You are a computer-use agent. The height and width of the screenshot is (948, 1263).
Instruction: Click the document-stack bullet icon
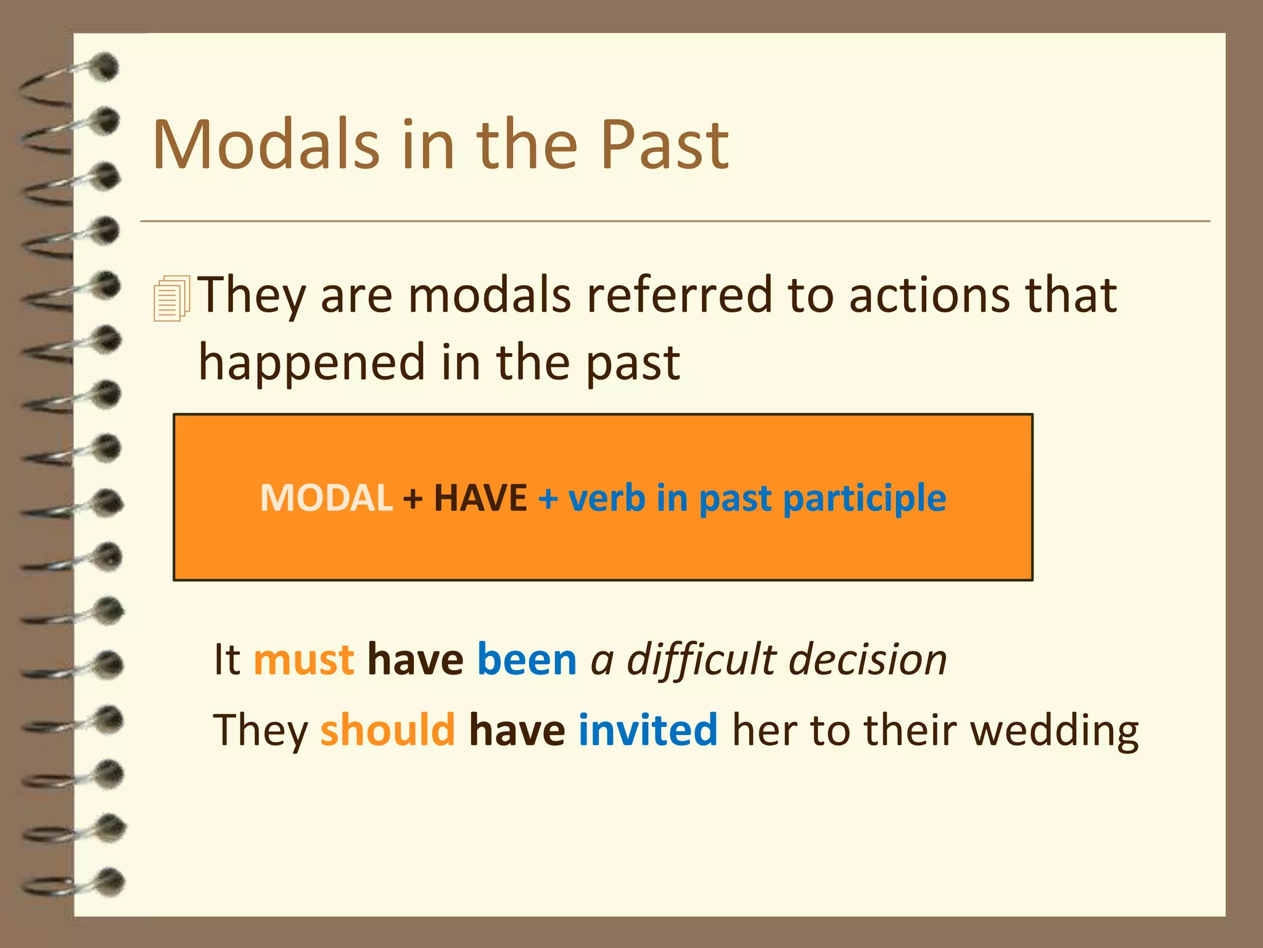171,299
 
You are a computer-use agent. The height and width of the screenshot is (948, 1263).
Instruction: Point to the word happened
311,363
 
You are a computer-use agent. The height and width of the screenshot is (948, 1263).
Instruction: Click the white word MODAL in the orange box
326,497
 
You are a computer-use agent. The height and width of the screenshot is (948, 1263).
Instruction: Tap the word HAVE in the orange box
480,497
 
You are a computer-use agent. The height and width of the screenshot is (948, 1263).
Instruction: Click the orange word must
304,659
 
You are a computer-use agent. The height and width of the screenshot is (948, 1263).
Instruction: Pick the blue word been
527,659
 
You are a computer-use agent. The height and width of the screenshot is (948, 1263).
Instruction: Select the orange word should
387,730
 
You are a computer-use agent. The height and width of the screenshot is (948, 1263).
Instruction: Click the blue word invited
648,730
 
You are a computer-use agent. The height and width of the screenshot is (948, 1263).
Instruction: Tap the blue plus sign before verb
548,499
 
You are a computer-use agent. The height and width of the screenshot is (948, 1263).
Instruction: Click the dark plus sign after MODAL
413,499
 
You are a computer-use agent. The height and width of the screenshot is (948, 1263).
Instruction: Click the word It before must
226,659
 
